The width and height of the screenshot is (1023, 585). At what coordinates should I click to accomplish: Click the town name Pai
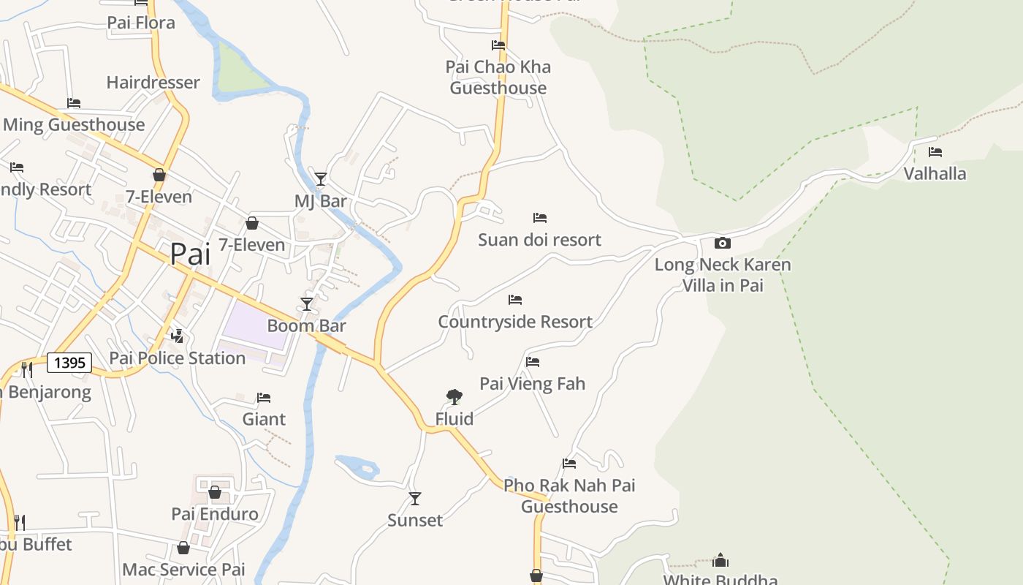(190, 254)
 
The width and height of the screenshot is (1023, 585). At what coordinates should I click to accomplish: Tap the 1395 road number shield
(69, 363)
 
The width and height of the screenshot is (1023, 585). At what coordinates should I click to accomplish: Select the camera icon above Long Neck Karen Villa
(722, 243)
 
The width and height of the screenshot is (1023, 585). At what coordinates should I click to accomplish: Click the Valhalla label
(935, 174)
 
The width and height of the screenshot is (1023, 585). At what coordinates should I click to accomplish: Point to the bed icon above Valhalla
(935, 152)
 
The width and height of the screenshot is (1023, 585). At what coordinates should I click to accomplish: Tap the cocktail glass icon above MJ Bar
(320, 179)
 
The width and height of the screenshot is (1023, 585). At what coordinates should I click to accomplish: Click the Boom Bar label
(306, 326)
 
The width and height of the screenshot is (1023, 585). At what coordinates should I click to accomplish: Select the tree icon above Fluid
(454, 397)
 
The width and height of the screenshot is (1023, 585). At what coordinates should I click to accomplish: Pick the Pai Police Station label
(177, 358)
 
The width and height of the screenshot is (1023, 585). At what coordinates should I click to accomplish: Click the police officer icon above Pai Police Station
(177, 336)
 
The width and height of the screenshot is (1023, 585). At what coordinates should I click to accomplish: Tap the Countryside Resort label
(515, 322)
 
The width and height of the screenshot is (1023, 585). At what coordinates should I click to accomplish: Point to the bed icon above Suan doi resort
(540, 218)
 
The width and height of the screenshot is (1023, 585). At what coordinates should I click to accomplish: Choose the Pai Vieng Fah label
(532, 384)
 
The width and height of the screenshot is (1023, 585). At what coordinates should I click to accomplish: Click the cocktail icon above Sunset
(415, 499)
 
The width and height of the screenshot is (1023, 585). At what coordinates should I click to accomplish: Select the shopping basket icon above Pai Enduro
(214, 492)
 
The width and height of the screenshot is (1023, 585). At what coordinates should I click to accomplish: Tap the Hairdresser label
(153, 83)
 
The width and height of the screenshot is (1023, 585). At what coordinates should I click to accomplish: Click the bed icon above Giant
(264, 398)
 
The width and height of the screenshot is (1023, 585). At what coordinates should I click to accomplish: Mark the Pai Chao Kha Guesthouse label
(498, 78)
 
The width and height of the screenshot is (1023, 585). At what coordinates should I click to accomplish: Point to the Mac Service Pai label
(183, 570)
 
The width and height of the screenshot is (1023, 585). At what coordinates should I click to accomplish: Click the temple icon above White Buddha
(720, 561)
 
